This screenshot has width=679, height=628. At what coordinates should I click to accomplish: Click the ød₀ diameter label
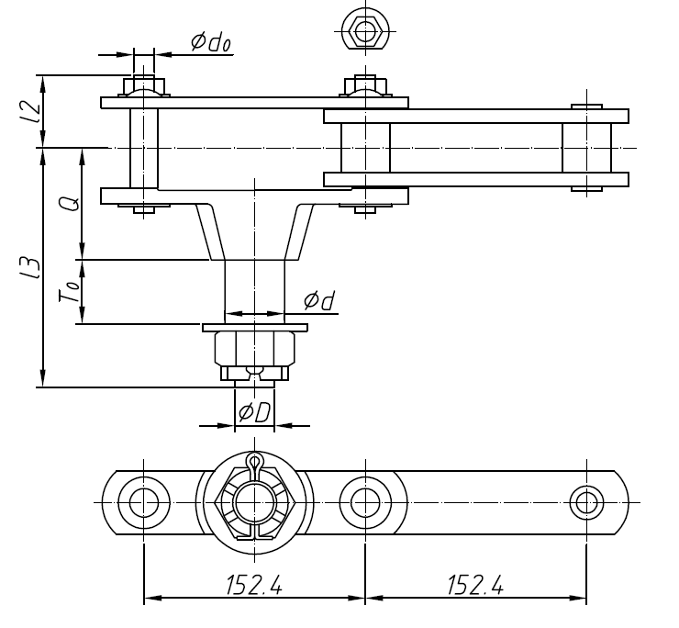pos(209,42)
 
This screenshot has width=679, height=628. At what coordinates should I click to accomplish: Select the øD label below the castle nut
pos(253,412)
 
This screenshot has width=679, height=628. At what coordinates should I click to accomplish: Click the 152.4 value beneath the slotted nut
pos(254,585)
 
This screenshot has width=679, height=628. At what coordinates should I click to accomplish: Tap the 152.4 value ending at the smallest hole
pos(476,585)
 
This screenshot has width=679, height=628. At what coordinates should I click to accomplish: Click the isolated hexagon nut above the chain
pos(365,32)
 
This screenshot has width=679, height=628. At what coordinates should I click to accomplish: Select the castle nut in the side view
pos(254,354)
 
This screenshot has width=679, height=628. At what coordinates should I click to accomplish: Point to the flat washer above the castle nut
pos(255,327)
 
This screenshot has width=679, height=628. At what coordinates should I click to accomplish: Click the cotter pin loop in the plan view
pos(255,461)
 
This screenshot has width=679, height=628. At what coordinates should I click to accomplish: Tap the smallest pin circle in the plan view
pos(586,502)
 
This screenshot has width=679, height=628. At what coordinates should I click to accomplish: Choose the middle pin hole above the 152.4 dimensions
pos(365,502)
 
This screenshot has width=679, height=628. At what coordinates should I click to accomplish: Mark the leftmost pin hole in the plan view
pos(143,502)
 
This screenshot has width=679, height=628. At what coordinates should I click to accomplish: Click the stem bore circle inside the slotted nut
pos(255,502)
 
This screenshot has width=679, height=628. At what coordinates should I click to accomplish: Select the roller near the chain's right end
pos(586,148)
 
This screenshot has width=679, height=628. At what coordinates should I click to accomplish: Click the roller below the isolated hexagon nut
pos(365,148)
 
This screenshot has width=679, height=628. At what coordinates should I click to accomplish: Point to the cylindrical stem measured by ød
pos(255,289)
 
